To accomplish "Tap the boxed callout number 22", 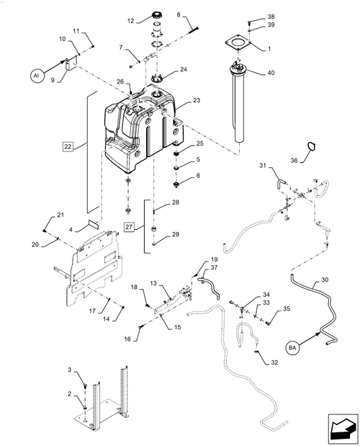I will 68,146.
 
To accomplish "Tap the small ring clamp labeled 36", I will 309,166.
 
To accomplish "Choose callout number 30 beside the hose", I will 324,280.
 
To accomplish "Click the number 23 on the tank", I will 176,102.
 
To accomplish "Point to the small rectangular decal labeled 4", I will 92,225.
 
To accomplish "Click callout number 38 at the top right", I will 251,16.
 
